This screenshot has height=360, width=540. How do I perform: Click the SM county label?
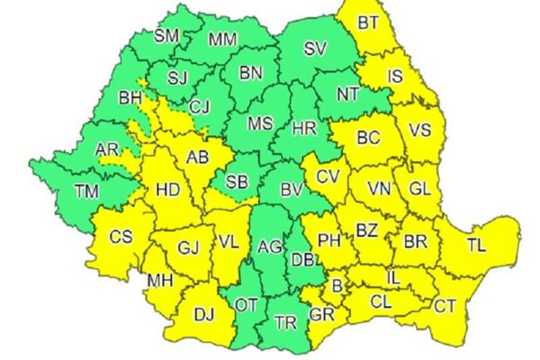(x=166, y=37)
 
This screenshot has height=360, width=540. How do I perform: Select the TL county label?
(x=477, y=243)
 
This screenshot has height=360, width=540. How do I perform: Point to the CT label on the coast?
(x=445, y=306)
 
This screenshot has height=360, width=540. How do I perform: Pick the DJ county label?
(x=204, y=314)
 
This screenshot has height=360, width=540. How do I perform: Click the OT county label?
(x=246, y=305)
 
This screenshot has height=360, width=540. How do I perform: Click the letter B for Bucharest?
(x=337, y=287)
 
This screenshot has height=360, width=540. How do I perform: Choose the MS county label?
(x=260, y=122)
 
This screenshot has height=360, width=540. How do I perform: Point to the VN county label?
(x=381, y=190)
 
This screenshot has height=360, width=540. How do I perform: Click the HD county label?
(x=167, y=189)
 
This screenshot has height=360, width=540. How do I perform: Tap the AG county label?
(x=268, y=245)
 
